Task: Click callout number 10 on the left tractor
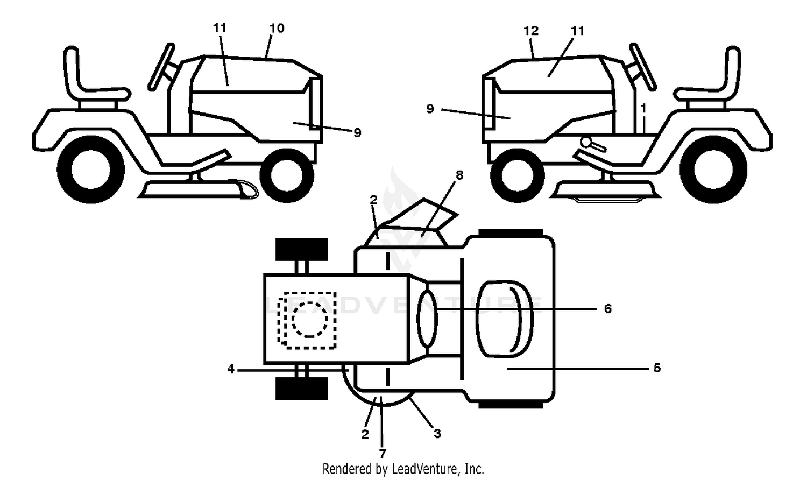277,28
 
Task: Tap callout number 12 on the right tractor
530,31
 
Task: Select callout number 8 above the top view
459,175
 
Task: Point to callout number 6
607,309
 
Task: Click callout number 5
657,368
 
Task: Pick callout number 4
231,369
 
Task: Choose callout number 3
437,434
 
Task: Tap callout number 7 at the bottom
382,453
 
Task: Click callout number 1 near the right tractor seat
643,108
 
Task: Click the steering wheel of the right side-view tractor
643,67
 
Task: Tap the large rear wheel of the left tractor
90,170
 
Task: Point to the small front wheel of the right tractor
518,175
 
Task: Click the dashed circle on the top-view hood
309,319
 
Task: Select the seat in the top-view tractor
505,319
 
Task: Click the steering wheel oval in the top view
427,319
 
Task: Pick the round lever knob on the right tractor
588,143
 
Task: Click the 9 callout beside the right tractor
430,109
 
